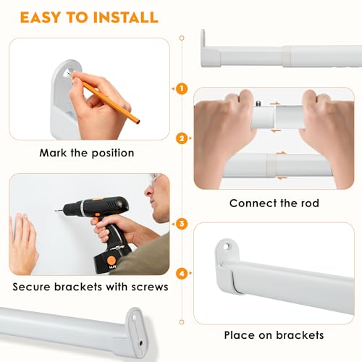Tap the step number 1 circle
[x=181, y=88]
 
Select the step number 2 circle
[x=181, y=138]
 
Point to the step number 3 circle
[x=181, y=224]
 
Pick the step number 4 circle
[x=181, y=274]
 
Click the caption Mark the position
[x=88, y=153]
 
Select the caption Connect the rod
[x=274, y=203]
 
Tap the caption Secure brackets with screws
[x=90, y=286]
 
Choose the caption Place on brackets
[x=274, y=335]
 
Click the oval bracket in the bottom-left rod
[x=135, y=325]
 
